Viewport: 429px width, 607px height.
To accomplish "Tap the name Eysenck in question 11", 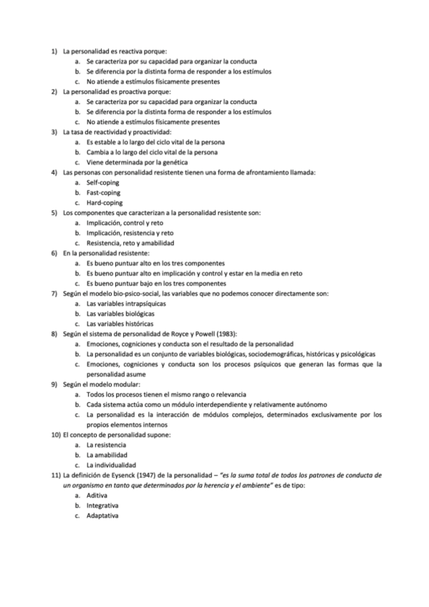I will click(x=121, y=475).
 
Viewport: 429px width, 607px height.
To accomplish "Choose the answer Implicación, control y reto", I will click(x=124, y=223).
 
